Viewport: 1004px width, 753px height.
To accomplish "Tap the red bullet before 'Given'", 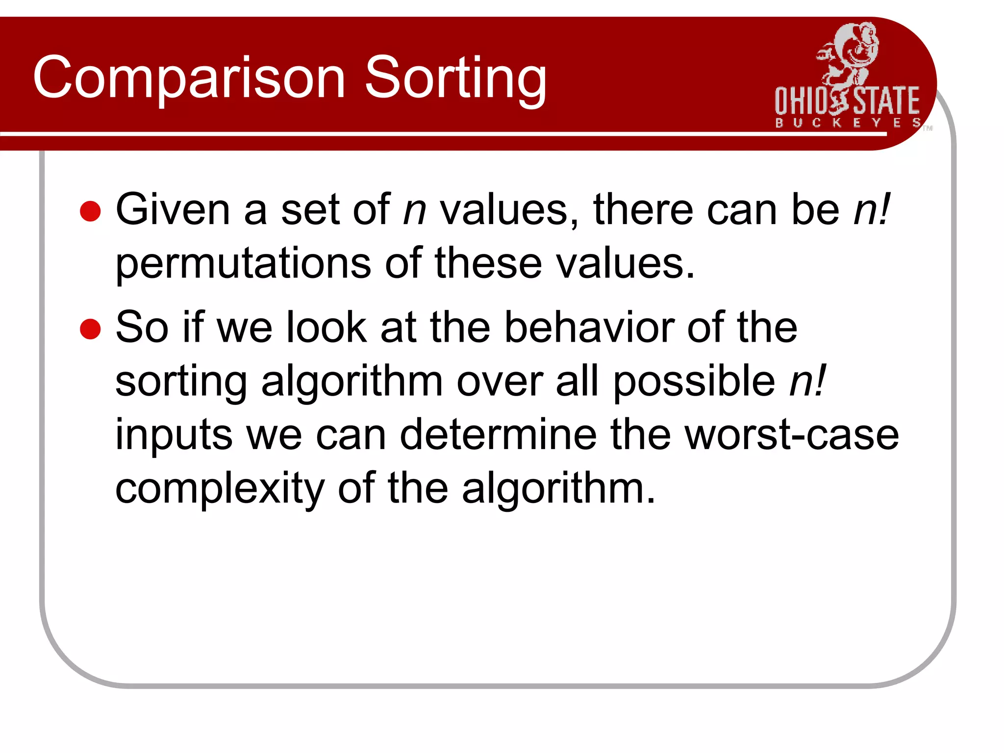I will (90, 211).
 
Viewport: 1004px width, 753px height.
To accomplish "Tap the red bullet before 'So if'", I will (90, 329).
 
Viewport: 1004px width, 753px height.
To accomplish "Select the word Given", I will (173, 210).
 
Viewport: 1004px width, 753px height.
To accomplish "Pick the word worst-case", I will (791, 435).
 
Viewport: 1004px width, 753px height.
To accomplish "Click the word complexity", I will (220, 490).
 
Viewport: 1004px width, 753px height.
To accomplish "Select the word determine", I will (498, 435).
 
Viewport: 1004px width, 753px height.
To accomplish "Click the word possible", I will (694, 382).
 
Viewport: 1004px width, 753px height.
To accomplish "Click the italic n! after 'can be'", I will (871, 210).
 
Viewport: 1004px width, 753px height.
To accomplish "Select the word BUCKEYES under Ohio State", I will (848, 123).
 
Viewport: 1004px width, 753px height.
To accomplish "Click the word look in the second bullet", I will (326, 328).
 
